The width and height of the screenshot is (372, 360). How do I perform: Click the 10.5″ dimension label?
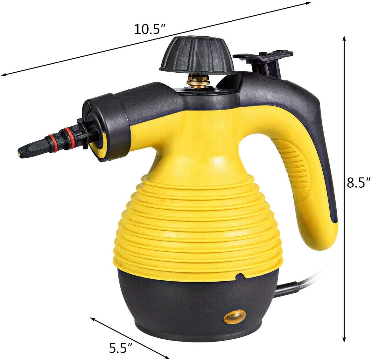150,29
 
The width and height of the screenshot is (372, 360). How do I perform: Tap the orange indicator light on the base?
235,317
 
